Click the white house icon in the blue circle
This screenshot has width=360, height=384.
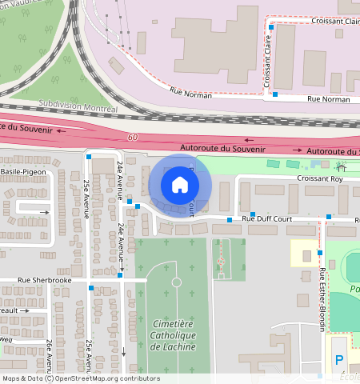click(x=180, y=185)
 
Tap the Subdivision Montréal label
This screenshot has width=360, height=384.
click(x=79, y=106)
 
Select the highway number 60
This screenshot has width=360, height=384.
click(x=132, y=138)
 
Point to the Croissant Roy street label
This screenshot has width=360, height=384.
click(x=319, y=178)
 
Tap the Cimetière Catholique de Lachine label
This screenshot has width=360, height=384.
click(x=173, y=334)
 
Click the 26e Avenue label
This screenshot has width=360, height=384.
click(x=49, y=354)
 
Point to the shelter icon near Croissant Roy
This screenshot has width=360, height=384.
click(x=342, y=167)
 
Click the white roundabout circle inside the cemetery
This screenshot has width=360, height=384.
click(x=176, y=282)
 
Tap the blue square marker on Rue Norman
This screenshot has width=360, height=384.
click(x=275, y=94)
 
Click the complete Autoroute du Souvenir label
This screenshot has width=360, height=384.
click(x=222, y=148)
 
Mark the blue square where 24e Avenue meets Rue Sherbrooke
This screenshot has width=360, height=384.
click(x=120, y=275)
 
